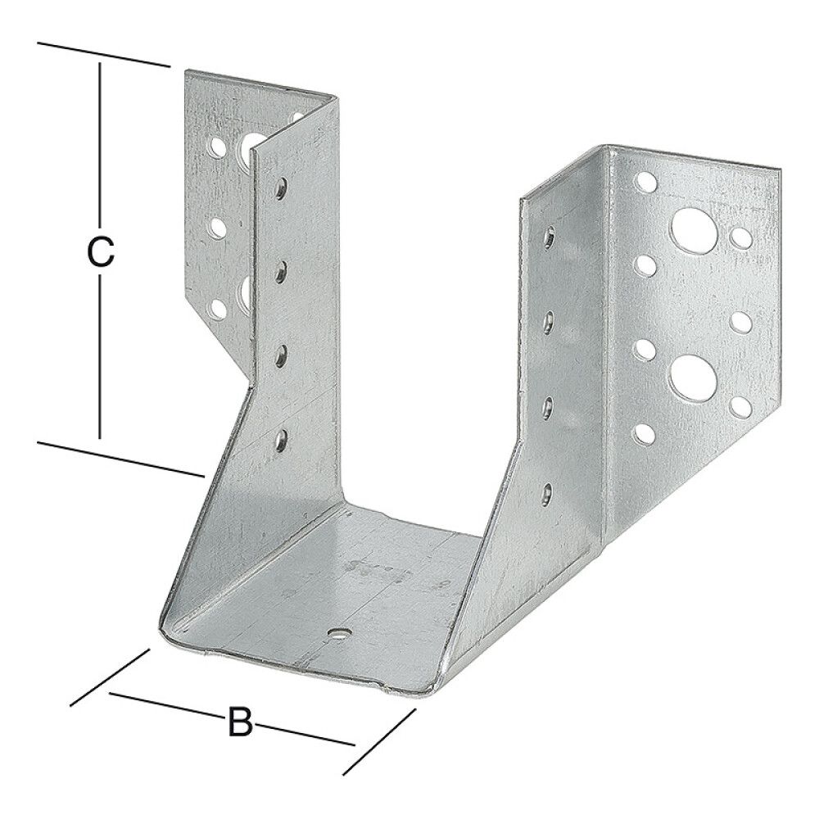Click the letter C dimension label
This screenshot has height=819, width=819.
click(100, 252)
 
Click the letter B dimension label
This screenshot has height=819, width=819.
click(239, 723)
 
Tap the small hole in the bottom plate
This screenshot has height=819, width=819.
click(337, 633)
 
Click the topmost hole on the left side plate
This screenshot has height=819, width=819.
click(281, 188)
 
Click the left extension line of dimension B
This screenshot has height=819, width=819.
click(111, 676)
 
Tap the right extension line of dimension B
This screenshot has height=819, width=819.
click(379, 741)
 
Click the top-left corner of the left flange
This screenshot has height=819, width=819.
click(185, 71)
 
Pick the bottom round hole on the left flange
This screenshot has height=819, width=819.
click(219, 310)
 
